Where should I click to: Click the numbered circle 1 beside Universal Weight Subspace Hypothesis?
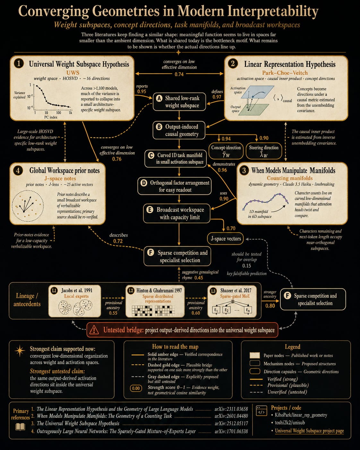coord(19,64)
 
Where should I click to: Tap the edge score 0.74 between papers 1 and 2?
coord(179,74)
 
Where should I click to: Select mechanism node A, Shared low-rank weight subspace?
coord(179,102)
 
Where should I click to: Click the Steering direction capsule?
coord(264,151)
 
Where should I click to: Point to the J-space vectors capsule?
coord(225,238)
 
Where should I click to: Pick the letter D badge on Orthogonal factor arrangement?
coord(144,183)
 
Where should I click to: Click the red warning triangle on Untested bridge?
coord(94,330)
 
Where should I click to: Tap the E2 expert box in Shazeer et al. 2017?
coord(227,310)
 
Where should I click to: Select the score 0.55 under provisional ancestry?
coord(113,313)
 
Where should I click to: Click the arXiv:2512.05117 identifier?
coord(231,423)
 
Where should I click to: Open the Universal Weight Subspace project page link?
coord(309,431)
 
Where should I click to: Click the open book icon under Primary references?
coord(20,427)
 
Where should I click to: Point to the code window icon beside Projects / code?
coord(261,411)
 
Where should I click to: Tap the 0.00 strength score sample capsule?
coord(136,388)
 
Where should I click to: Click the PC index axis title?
coord(51,117)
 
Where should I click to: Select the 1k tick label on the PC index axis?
coord(71,113)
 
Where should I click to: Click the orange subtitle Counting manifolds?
coord(289,178)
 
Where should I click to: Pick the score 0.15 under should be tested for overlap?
coord(246,265)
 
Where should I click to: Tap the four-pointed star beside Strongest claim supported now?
coord(20,351)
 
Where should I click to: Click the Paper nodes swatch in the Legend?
coord(255,355)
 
